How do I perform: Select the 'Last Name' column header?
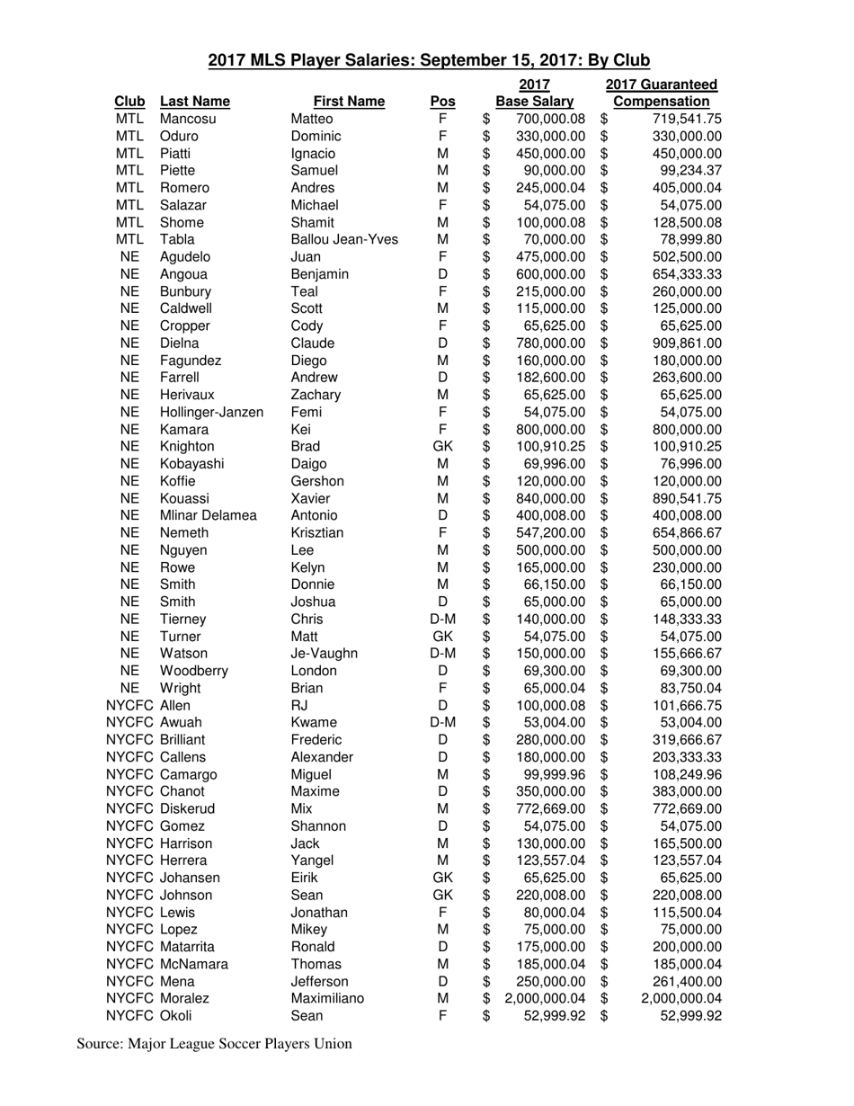click(x=194, y=102)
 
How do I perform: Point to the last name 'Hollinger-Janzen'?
click(x=211, y=412)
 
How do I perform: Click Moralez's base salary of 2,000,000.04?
click(x=545, y=998)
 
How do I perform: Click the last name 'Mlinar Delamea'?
click(x=209, y=515)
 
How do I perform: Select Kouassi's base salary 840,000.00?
click(x=550, y=498)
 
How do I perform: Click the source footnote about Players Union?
click(x=214, y=1044)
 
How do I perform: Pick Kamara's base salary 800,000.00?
click(x=550, y=429)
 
